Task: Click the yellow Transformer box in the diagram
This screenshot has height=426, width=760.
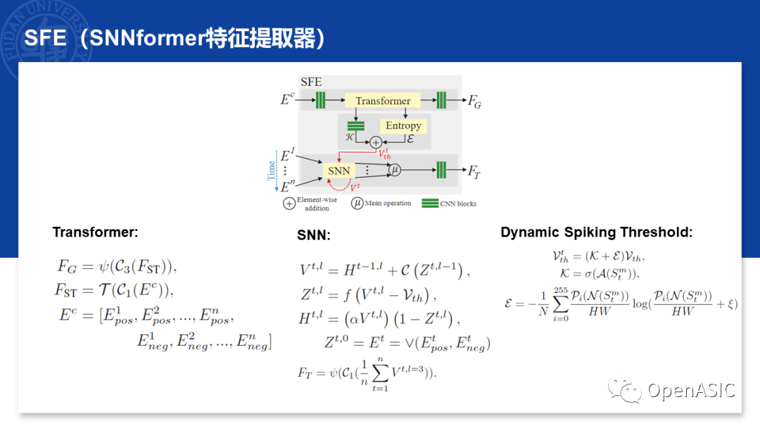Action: point(383,101)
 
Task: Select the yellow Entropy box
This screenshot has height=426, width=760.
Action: point(403,125)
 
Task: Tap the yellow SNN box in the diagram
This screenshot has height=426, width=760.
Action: point(338,170)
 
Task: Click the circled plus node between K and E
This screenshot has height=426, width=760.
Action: point(376,142)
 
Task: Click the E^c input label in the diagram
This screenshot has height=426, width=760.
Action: point(287,100)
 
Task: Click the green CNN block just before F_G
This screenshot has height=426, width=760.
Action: point(441,100)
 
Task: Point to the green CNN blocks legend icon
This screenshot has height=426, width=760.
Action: point(430,203)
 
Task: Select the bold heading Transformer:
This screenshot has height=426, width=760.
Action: point(96,232)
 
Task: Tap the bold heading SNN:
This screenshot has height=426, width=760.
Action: point(314,236)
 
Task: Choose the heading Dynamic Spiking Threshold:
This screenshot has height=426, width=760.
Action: point(597,232)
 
